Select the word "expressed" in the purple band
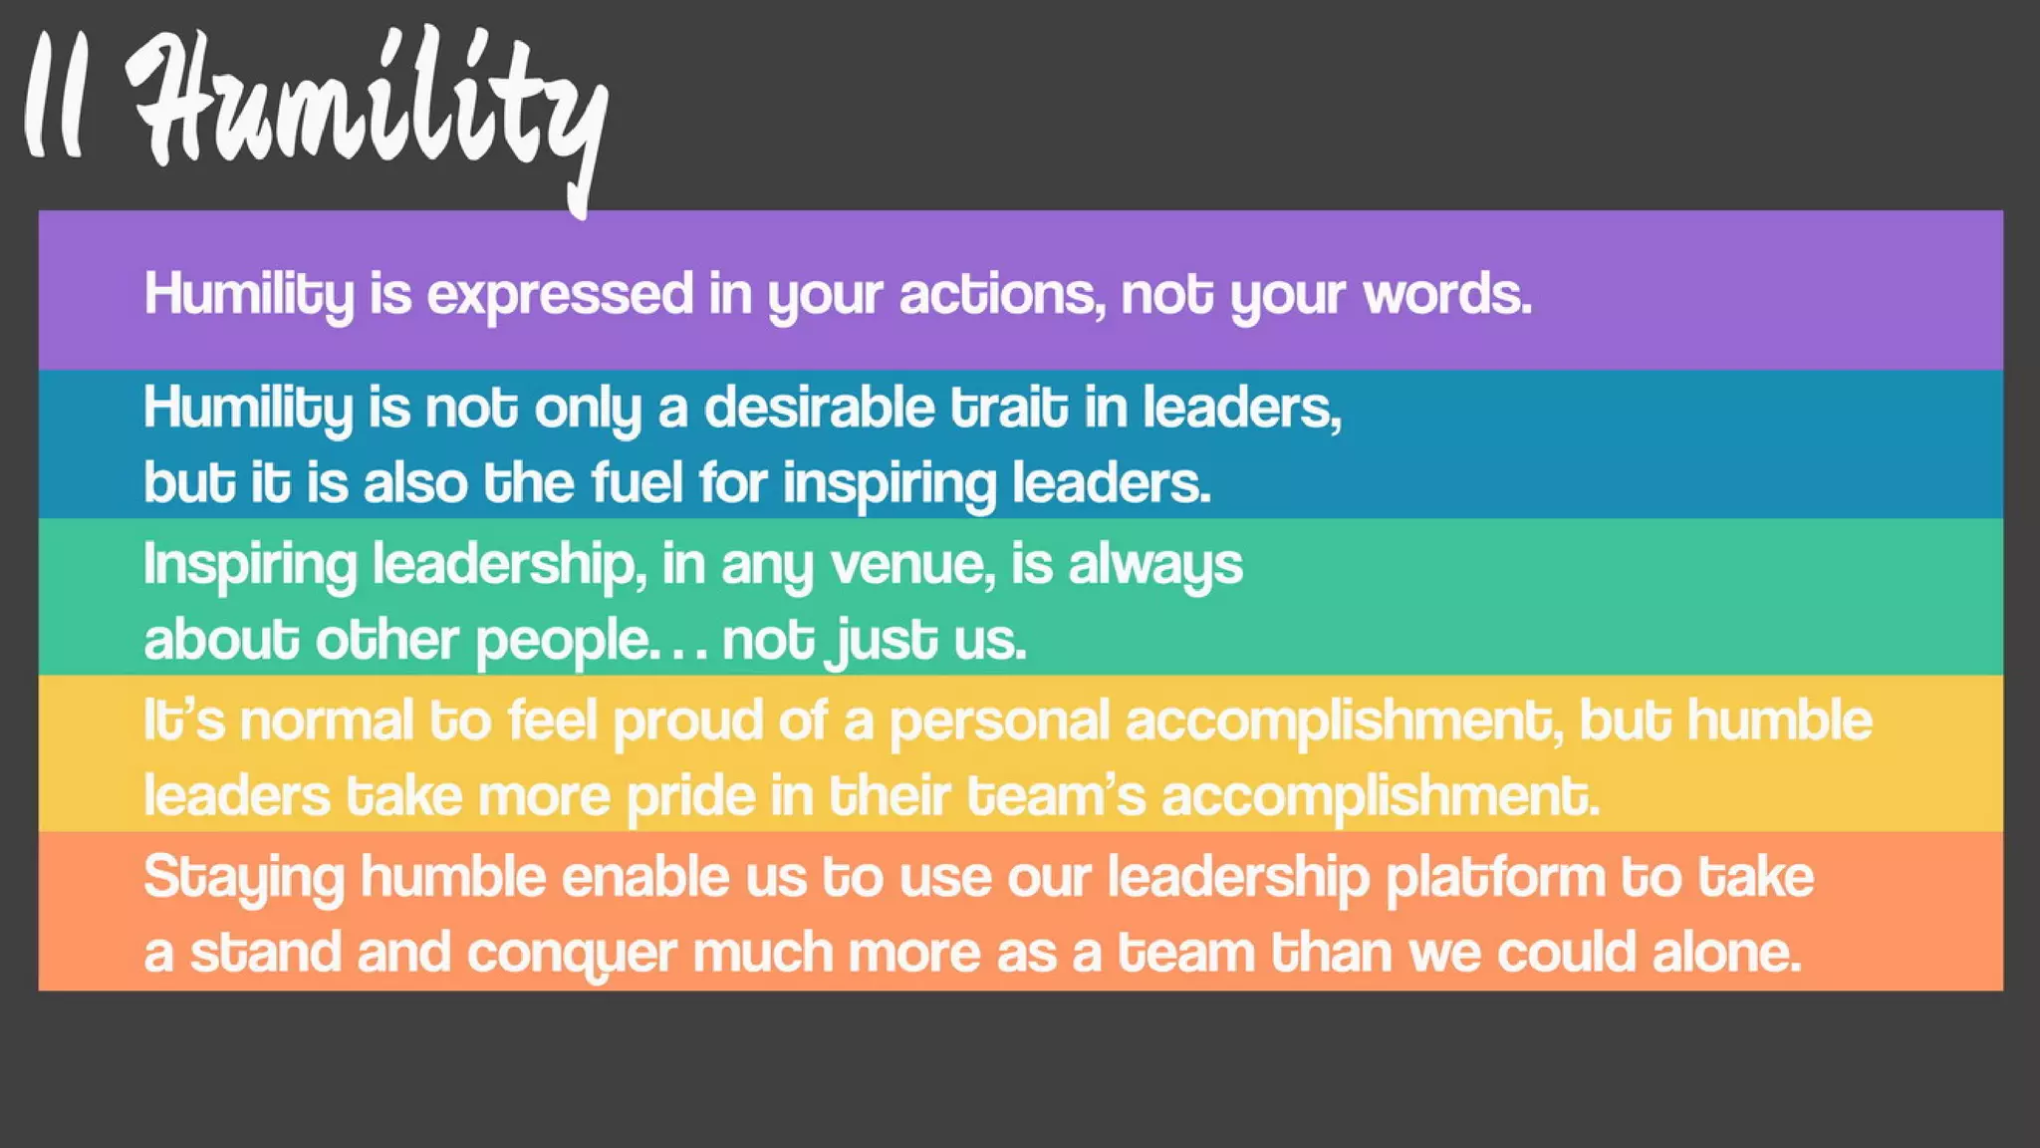click(560, 294)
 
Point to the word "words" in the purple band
click(1445, 294)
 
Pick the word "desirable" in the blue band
click(819, 408)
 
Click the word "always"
click(1154, 565)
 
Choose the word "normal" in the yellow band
click(326, 720)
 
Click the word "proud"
click(687, 720)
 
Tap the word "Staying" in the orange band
click(243, 878)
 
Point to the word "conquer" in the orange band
click(572, 954)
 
